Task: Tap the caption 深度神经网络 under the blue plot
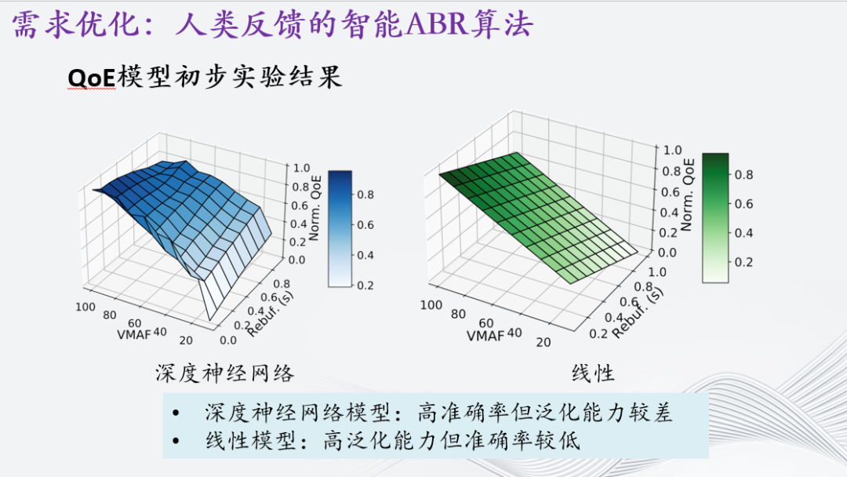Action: pos(224,373)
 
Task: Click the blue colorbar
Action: pos(340,228)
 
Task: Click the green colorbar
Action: pos(715,217)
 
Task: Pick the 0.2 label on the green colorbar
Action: pos(742,262)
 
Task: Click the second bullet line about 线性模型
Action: pos(392,441)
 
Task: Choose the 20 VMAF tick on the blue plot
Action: pos(187,340)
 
